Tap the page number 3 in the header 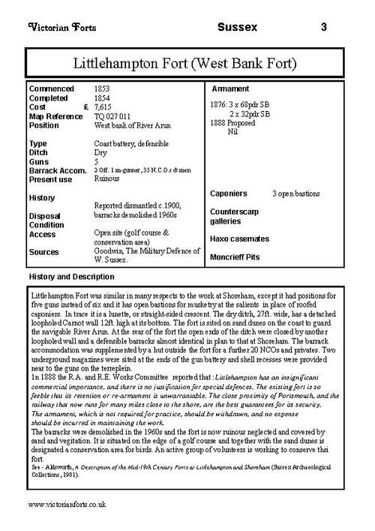(x=323, y=27)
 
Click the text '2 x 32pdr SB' (x=248, y=113)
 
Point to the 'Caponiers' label (x=229, y=193)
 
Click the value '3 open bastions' (x=295, y=193)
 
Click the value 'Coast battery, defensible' (x=131, y=143)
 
